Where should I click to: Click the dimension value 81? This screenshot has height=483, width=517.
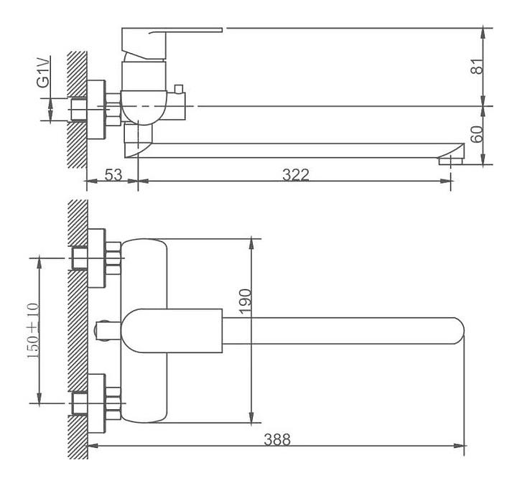click(478, 66)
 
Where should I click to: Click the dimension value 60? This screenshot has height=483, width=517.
click(478, 133)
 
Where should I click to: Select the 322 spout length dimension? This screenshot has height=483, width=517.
click(295, 174)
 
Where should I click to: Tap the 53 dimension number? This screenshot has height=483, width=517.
click(113, 174)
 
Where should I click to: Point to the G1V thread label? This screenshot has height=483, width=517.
click(44, 72)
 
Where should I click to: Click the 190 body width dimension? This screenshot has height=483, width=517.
click(245, 301)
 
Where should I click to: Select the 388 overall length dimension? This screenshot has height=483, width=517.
click(277, 439)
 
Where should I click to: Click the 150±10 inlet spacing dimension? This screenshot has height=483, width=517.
click(33, 330)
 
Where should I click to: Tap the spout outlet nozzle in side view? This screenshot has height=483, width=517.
click(451, 161)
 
